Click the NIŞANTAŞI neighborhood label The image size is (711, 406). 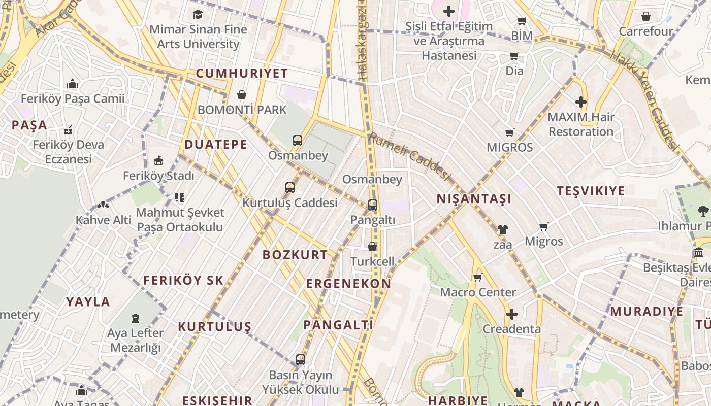pos(474,199)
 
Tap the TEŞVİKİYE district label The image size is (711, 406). pos(591,191)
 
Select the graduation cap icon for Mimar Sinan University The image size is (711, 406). pos(198,14)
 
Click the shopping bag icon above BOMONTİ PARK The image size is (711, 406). pos(242,95)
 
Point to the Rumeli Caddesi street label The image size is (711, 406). pos(409,156)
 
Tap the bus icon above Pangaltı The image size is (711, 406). pos(373,205)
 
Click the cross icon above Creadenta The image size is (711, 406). pos(512,314)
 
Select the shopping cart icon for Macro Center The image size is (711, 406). pos(477,278)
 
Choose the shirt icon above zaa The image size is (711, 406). pos(503,229)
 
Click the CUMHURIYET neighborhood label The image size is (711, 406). pos(242,73)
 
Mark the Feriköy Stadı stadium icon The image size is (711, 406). pos(158,161)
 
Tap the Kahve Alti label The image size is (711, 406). pos(103,220)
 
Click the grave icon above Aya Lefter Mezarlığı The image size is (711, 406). pos(136,318)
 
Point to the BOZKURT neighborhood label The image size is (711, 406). pos(295,255)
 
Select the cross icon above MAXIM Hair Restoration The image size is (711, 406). pos(581,102)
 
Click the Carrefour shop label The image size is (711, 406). pos(646,31)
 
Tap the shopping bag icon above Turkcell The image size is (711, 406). pos(372,247)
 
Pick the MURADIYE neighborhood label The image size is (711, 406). pos(647,311)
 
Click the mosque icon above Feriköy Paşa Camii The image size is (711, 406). pos(73,84)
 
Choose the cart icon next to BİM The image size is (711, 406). pos(522,21)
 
